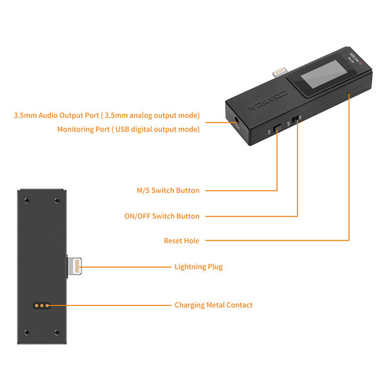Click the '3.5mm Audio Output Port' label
(x=107, y=115)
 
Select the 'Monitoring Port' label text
(x=128, y=129)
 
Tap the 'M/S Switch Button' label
(x=168, y=190)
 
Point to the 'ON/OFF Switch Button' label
(x=161, y=216)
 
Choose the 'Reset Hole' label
(x=181, y=241)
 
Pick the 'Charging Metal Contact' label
(x=213, y=305)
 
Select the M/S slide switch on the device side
(x=277, y=129)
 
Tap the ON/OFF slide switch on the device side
(x=296, y=120)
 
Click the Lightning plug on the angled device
(x=279, y=68)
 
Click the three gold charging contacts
(x=42, y=305)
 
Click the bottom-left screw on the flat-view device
(x=26, y=332)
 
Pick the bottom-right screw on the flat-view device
(x=56, y=332)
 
